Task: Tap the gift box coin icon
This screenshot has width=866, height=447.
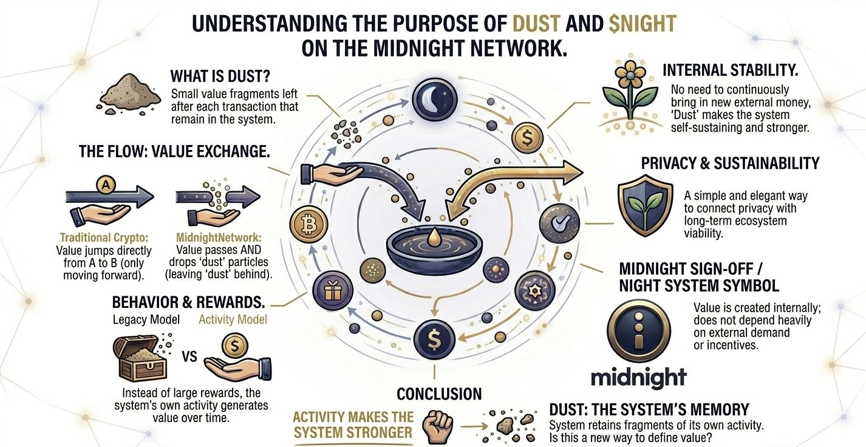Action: tap(332, 291)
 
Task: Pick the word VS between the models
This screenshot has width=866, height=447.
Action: tap(189, 357)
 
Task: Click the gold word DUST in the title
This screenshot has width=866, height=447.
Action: tap(537, 24)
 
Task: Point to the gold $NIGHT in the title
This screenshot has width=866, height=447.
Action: tap(643, 24)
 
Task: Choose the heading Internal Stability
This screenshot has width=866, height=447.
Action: tap(731, 71)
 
